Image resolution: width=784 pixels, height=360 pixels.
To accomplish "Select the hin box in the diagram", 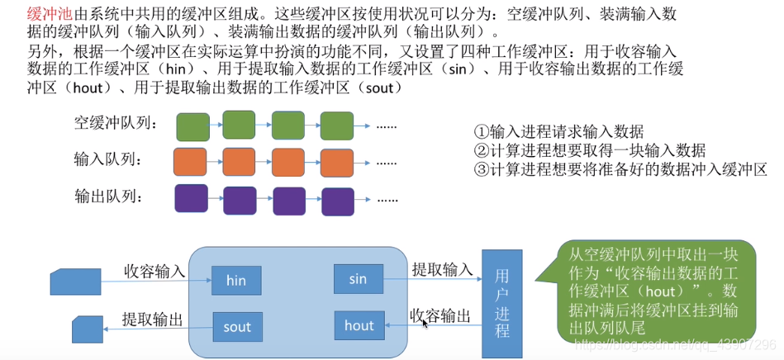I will click(236, 281).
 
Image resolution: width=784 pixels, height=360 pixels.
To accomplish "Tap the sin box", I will click(358, 279).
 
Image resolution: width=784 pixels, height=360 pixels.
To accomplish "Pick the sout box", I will click(237, 327).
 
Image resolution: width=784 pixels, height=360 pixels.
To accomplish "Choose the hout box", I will click(359, 325).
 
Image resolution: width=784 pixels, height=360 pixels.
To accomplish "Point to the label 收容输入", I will click(154, 271).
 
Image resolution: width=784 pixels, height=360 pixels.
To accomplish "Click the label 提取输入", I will click(442, 269).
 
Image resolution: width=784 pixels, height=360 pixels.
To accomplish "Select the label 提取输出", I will click(152, 319).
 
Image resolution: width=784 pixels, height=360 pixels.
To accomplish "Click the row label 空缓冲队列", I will click(115, 124).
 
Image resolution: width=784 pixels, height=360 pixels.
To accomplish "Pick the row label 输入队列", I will click(107, 159).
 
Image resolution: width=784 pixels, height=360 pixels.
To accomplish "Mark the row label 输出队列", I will click(108, 196).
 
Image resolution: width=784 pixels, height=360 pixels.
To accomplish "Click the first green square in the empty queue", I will click(192, 126).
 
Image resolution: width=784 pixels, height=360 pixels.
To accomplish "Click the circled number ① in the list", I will click(481, 132).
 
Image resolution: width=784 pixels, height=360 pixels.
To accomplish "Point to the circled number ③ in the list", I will click(481, 169).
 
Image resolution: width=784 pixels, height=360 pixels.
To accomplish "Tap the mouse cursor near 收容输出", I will click(425, 324).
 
